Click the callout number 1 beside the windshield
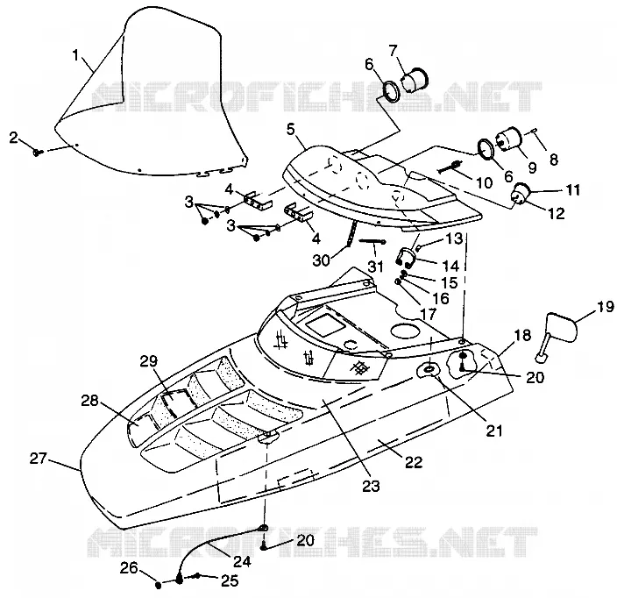point(76,55)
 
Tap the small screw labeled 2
point(39,152)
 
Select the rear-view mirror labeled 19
point(556,336)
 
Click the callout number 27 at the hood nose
point(39,459)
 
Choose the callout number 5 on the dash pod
point(290,130)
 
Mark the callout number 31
point(376,267)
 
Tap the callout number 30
point(322,260)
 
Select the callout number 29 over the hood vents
point(149,360)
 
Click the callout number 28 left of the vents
point(89,401)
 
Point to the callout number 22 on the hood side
point(414,462)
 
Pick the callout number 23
point(371,486)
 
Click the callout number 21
point(493,431)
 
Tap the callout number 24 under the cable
point(242,561)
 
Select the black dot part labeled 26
point(159,585)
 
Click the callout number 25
point(230,580)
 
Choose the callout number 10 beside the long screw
point(484,182)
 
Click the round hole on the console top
point(405,331)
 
